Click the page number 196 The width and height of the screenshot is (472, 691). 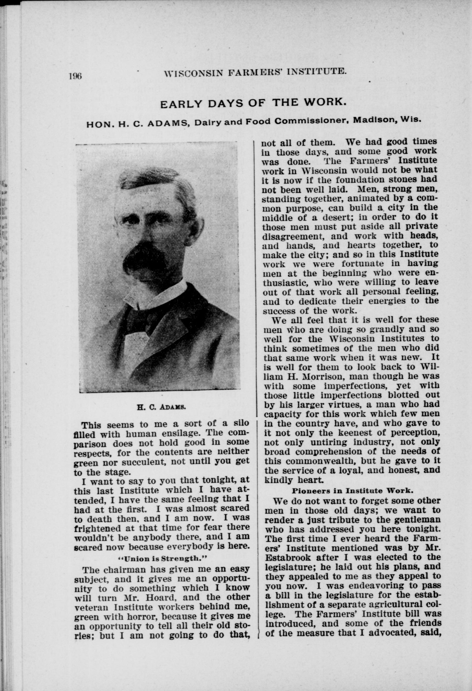[x=75, y=76]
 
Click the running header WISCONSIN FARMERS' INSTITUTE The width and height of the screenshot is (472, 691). [x=255, y=72]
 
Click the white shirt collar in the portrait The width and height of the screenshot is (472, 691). [x=155, y=296]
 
